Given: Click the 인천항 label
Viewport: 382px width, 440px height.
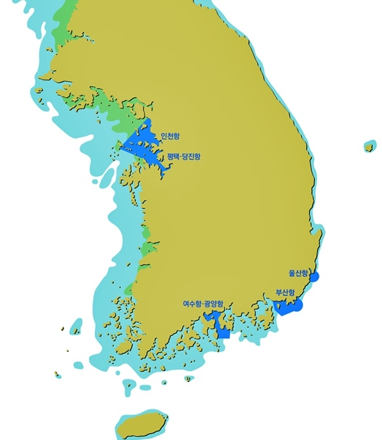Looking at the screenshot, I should [171, 136].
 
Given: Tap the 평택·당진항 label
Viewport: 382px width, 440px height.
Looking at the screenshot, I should [183, 156].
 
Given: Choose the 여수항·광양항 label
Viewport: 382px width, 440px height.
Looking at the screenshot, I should [204, 304].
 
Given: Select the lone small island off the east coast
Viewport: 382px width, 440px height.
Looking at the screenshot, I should [369, 147].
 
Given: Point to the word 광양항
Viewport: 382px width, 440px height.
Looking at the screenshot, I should [214, 304].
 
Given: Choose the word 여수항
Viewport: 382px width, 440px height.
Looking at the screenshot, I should [192, 304].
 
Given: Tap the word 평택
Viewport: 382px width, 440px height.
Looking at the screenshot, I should [172, 156].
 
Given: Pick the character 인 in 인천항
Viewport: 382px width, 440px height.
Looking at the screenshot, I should [165, 136].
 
